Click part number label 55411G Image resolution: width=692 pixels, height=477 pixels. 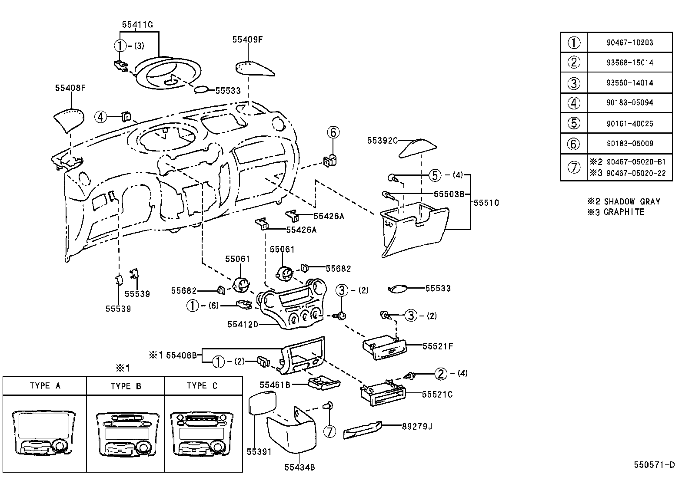click(137, 25)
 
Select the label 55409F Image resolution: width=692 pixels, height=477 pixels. click(247, 39)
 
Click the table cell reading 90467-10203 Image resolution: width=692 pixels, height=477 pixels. click(629, 43)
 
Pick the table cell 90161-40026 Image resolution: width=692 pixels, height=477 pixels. click(629, 123)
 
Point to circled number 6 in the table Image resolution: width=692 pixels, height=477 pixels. click(574, 143)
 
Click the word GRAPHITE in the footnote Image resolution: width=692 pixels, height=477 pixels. click(624, 212)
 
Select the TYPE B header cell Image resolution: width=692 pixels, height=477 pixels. click(126, 386)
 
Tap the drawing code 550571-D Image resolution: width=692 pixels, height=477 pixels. click(654, 465)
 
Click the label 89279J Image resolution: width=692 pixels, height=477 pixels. click(416, 426)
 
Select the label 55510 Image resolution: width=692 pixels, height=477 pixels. click(486, 203)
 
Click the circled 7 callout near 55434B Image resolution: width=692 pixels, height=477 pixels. click(330, 431)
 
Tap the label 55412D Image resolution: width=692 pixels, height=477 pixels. click(243, 324)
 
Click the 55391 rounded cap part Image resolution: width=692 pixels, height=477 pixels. click(263, 403)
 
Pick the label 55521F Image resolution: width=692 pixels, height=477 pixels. click(438, 346)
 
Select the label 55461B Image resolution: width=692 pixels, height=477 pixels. click(274, 385)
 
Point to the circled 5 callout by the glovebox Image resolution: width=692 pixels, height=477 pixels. click(435, 175)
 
